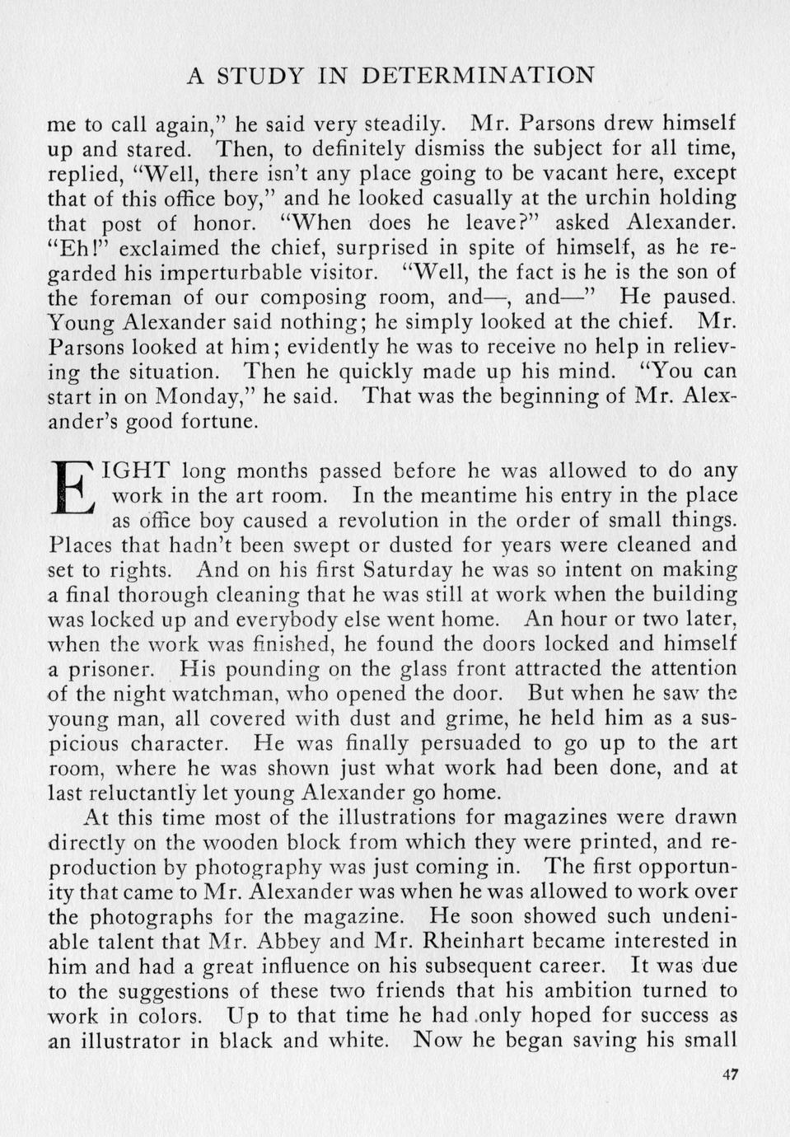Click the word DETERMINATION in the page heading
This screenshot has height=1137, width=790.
(x=478, y=76)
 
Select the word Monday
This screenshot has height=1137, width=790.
(x=196, y=396)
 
